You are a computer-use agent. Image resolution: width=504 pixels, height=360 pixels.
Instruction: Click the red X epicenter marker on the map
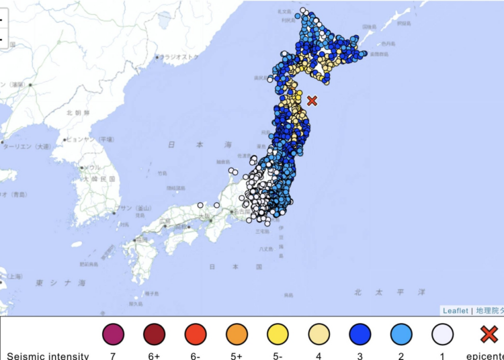click(312, 101)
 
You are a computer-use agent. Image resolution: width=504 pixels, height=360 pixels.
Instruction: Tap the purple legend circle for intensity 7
click(113, 334)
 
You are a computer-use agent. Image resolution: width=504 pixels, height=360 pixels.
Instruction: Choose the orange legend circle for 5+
click(237, 334)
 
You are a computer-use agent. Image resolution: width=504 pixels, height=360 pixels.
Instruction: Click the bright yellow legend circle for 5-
click(278, 334)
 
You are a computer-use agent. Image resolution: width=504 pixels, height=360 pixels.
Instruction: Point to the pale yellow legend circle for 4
click(319, 334)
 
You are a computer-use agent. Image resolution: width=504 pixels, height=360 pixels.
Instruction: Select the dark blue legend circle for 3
click(361, 334)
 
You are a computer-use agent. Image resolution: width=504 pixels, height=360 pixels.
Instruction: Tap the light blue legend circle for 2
click(402, 334)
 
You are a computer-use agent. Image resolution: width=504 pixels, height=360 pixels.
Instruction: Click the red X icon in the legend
click(489, 334)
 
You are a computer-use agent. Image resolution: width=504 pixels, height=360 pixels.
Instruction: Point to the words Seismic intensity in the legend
click(46, 355)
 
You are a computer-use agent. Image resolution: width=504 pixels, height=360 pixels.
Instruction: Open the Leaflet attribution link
click(455, 310)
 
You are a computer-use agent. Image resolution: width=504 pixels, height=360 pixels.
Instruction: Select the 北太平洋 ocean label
click(390, 292)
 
